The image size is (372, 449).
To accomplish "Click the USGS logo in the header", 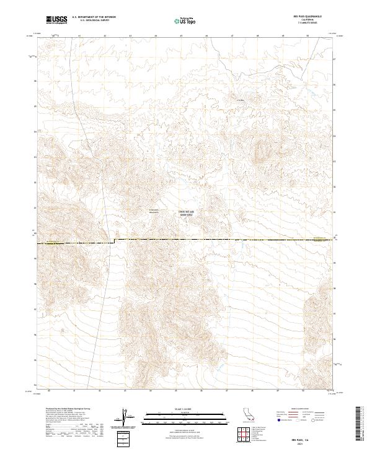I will (x=56, y=20).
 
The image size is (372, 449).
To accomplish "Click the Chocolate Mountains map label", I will (x=156, y=212).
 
